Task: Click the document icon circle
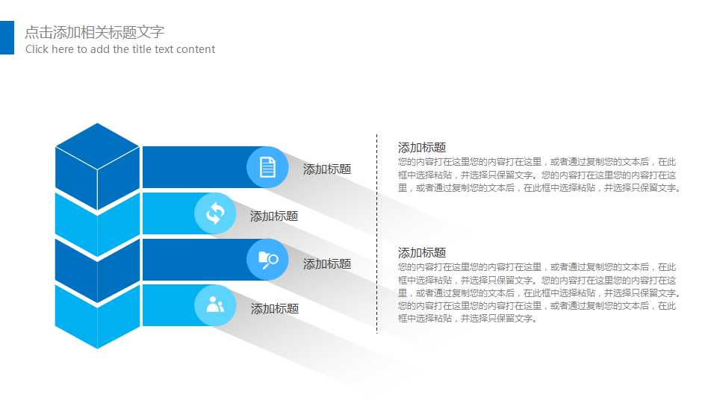(x=267, y=167)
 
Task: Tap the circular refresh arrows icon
(x=215, y=213)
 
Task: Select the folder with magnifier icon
(x=267, y=259)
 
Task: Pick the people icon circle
(x=215, y=304)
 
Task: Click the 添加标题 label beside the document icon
(x=327, y=169)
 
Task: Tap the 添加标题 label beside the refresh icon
(x=274, y=216)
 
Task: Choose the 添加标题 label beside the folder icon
(x=327, y=264)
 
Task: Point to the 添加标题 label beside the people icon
(x=275, y=309)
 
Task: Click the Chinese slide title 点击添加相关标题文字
(x=94, y=32)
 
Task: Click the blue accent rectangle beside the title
(x=7, y=37)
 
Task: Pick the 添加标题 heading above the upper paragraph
(x=422, y=148)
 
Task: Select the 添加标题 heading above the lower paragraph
(x=422, y=253)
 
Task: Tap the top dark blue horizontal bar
(x=194, y=167)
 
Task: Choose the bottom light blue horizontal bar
(x=168, y=305)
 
